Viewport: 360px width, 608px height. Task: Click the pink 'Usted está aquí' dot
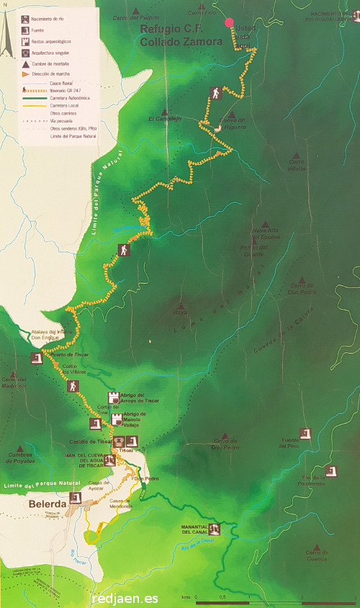click(230, 23)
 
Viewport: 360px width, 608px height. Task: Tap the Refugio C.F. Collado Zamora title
click(172, 37)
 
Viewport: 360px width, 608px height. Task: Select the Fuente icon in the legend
click(25, 30)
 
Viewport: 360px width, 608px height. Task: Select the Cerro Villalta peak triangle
click(296, 154)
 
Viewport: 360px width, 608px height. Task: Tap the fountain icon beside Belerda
click(75, 497)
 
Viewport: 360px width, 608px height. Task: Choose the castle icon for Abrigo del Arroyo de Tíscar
click(112, 397)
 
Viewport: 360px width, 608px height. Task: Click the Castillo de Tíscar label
click(94, 441)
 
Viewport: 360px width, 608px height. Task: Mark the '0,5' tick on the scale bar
click(222, 597)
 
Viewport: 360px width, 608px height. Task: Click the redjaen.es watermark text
click(125, 598)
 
